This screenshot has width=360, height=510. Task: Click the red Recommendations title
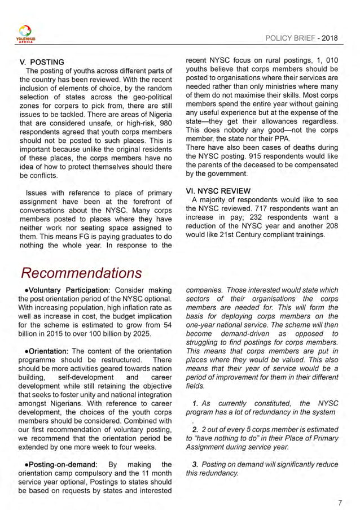click(x=81, y=273)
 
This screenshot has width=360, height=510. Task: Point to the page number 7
click(x=339, y=486)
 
